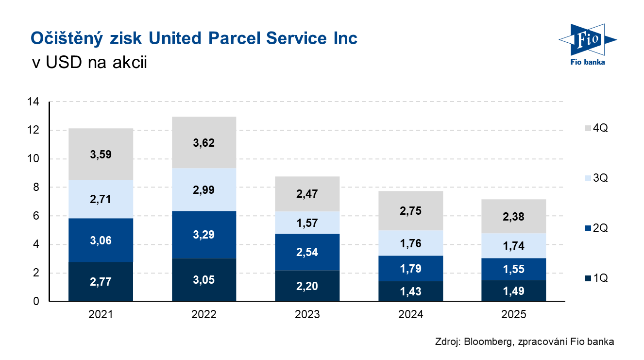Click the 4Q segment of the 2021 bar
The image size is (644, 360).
101,154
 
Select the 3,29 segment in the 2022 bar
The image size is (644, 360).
204,235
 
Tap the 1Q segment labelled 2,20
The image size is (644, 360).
307,286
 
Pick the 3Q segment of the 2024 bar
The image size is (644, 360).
410,243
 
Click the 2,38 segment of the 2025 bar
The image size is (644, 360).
514,216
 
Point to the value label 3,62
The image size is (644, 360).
204,143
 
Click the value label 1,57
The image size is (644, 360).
307,223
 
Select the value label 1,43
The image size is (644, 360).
410,291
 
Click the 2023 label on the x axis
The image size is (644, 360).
307,315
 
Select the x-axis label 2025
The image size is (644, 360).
514,315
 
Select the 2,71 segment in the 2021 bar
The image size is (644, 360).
101,199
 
